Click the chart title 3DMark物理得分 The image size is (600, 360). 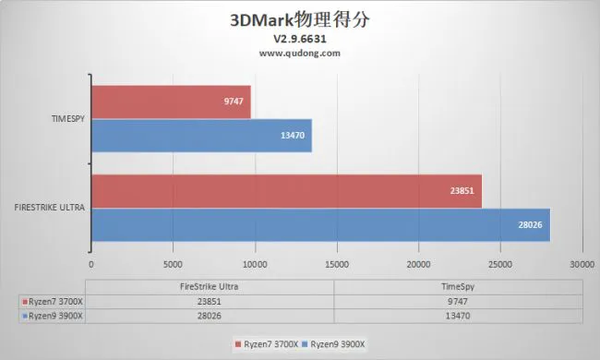[299, 18]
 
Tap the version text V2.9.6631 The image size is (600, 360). [299, 40]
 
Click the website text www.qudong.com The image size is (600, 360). [299, 53]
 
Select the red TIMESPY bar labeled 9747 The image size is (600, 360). [171, 102]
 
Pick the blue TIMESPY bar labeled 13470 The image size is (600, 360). [201, 136]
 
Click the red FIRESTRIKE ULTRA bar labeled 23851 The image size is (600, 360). [286, 191]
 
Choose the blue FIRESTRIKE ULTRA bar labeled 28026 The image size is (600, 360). [320, 225]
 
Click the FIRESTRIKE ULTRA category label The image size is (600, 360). [51, 208]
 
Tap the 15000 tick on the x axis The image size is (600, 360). [337, 263]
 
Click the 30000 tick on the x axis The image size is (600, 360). [582, 263]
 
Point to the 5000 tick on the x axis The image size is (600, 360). [173, 263]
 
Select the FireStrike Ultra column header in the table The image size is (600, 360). [212, 286]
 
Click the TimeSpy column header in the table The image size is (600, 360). [458, 286]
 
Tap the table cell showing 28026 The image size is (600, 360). [212, 315]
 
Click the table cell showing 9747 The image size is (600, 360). [458, 301]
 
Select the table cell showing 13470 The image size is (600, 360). [458, 315]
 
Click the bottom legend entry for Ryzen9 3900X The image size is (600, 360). [338, 344]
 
